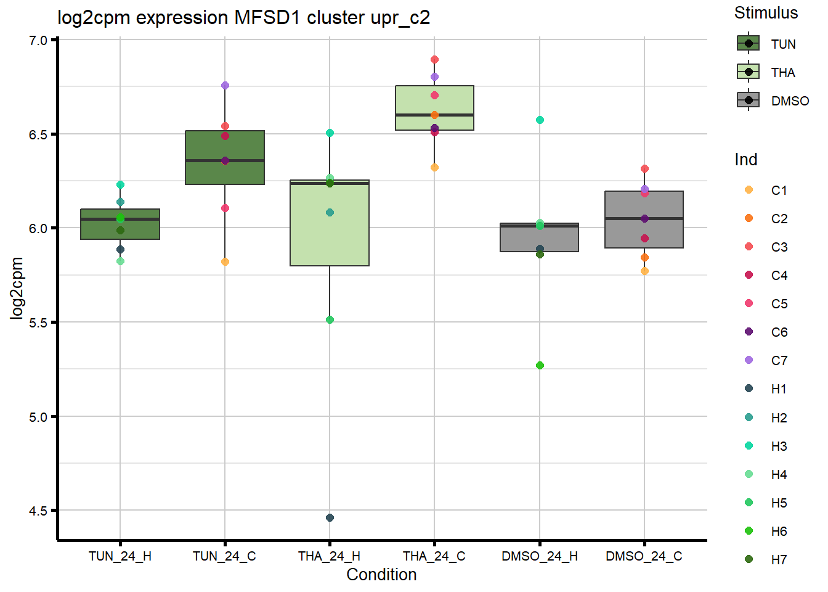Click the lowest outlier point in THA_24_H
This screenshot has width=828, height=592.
(330, 517)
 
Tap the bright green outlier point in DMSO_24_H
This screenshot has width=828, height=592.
(540, 365)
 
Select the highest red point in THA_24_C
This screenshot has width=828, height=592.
(434, 60)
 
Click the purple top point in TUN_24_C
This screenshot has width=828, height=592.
(225, 85)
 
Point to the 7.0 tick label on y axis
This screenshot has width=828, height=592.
(38, 41)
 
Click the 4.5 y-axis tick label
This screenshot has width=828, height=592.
(38, 511)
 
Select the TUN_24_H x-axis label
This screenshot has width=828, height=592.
(120, 556)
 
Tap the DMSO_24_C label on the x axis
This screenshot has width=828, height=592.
(644, 556)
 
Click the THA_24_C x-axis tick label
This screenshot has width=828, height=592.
(434, 556)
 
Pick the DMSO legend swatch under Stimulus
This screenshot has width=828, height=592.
(749, 101)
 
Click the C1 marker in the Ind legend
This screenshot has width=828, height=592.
(749, 190)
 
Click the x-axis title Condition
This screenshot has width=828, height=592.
(381, 575)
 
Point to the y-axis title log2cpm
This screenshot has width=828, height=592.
(17, 288)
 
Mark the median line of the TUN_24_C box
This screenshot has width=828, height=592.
(225, 160)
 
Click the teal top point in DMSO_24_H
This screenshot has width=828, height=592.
(540, 120)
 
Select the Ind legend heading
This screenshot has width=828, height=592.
(745, 160)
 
